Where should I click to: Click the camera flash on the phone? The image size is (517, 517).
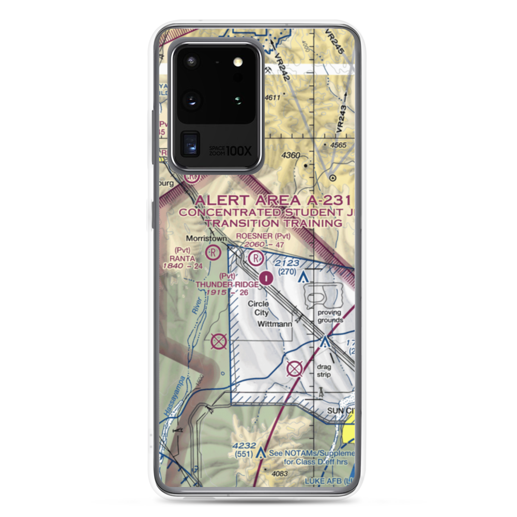click(238, 63)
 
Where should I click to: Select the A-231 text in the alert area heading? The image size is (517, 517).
click(325, 201)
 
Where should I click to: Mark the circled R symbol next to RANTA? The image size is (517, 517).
click(212, 253)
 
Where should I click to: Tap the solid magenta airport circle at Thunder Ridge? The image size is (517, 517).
click(266, 278)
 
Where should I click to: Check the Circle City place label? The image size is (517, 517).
click(258, 308)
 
